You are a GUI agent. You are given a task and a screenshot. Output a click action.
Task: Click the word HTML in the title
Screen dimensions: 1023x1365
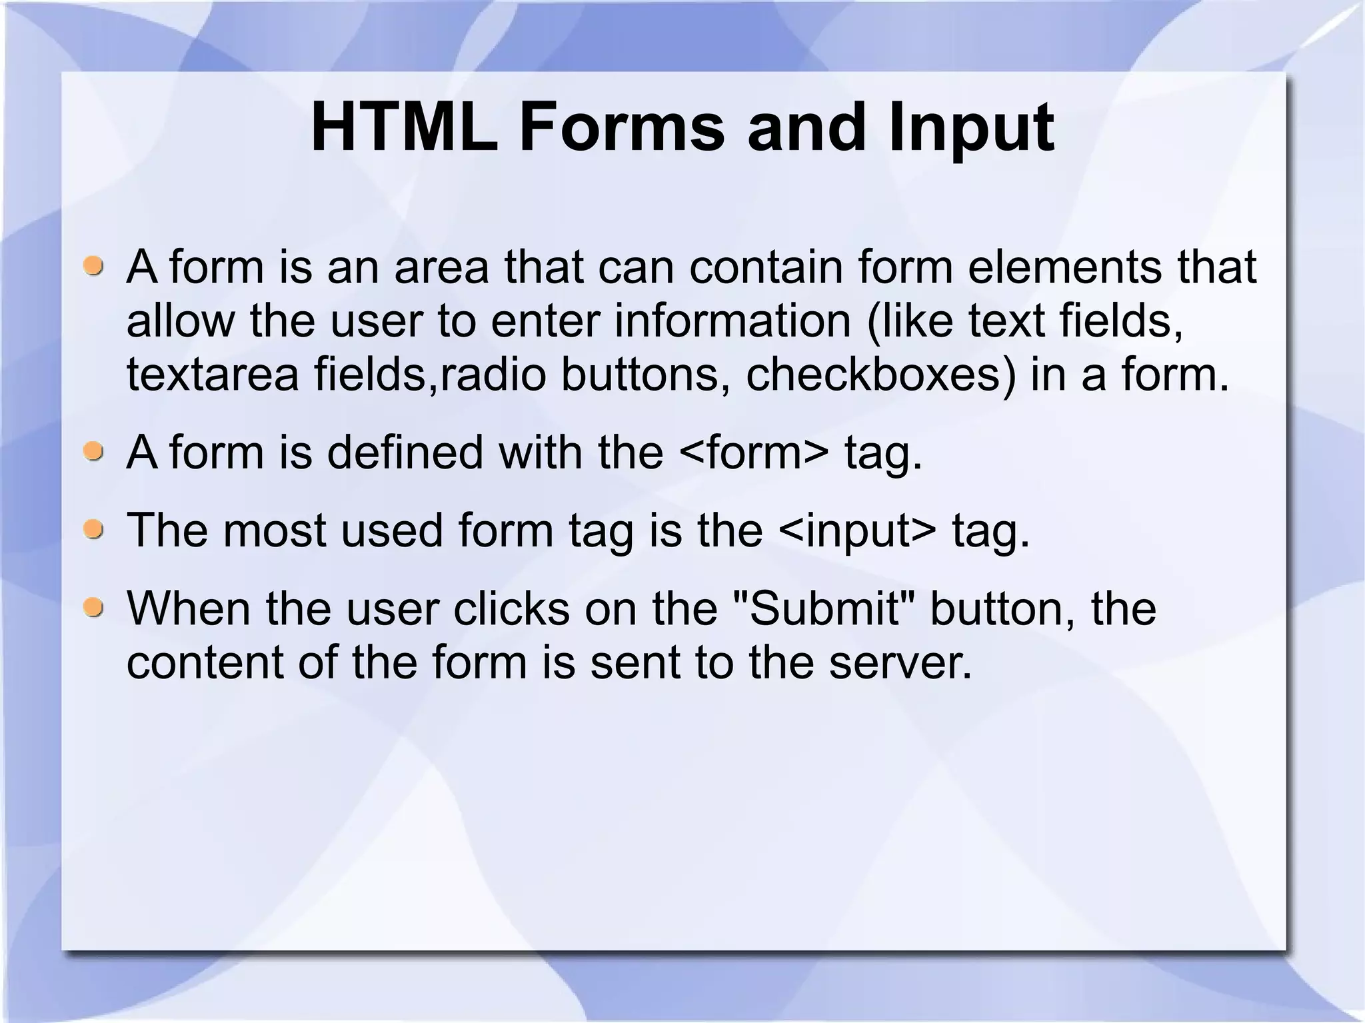[404, 127]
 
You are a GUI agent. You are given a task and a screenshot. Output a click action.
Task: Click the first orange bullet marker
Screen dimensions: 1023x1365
[94, 266]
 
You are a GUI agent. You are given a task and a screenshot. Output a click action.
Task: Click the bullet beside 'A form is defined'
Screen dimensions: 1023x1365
[94, 453]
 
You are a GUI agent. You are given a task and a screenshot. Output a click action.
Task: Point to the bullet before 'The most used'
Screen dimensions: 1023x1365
[94, 530]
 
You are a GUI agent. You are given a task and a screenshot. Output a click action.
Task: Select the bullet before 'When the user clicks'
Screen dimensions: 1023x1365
[94, 608]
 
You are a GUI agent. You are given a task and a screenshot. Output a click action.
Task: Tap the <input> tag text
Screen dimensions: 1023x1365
[856, 532]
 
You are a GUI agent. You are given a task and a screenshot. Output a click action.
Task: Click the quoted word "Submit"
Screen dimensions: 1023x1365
[824, 608]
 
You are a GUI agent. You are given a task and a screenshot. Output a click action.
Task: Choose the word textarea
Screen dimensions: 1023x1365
[213, 375]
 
